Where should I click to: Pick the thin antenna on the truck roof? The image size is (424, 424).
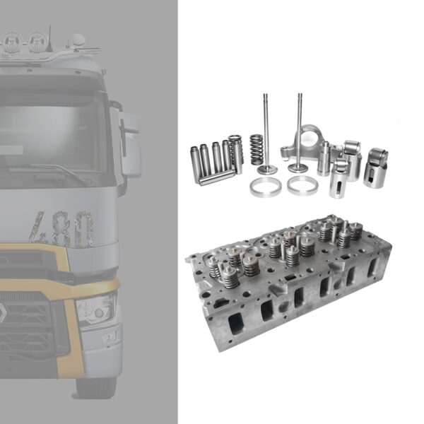coord(49,35)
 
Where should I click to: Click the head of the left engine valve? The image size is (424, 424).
coord(267,169)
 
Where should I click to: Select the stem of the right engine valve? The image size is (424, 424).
coord(299,127)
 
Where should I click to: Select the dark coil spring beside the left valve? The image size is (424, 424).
coord(256,150)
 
